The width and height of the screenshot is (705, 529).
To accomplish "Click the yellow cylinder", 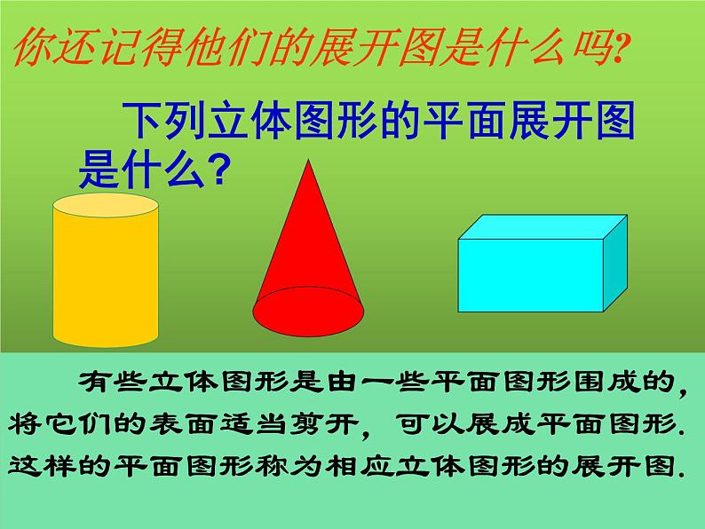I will pyautogui.click(x=106, y=275).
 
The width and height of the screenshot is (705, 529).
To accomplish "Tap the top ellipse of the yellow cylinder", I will pyautogui.click(x=106, y=206).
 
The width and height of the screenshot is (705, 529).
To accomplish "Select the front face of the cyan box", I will pyautogui.click(x=531, y=276).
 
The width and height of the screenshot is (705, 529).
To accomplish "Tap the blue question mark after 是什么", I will pyautogui.click(x=210, y=168).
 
